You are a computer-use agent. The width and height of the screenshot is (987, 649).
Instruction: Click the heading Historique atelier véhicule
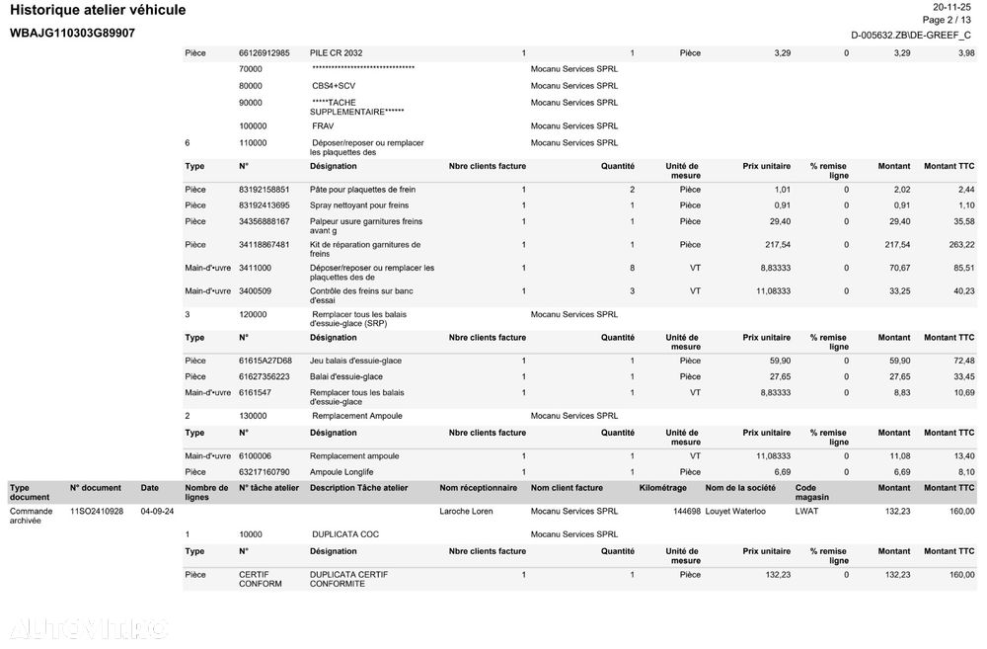pos(98,11)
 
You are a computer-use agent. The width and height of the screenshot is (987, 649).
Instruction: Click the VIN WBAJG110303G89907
pos(72,34)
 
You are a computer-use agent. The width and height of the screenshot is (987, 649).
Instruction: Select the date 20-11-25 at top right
pos(953,6)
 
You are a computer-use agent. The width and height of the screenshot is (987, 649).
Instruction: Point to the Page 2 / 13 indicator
pos(946,20)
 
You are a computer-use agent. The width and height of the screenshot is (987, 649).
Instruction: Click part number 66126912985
pos(265,53)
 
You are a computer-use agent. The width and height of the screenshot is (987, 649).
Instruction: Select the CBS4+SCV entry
pos(334,86)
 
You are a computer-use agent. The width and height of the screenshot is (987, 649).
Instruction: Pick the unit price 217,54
pos(777,245)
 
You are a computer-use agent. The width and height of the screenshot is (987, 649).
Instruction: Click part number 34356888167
pos(265,222)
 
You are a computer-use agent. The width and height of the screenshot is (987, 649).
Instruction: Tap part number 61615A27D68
pos(266,362)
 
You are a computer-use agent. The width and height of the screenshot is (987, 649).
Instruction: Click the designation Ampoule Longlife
pos(342,472)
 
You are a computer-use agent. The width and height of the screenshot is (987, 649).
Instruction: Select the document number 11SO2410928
pos(97,512)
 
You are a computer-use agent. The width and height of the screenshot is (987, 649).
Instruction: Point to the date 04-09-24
pos(157,512)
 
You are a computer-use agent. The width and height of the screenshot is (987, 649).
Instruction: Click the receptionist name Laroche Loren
pos(466,512)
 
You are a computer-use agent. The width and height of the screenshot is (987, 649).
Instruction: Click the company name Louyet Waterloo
pos(737,512)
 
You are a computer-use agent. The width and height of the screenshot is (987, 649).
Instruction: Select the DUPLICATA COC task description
pos(344,535)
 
